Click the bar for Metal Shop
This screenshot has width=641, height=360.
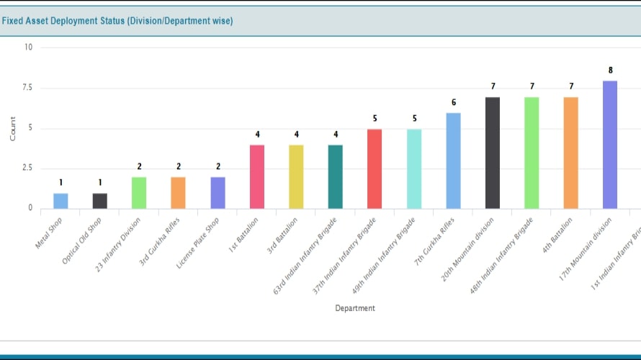60,201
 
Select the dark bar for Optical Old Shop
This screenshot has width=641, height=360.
100,201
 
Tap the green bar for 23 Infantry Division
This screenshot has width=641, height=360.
139,193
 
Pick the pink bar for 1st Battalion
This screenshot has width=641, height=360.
257,177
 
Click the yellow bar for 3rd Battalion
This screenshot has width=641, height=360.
296,177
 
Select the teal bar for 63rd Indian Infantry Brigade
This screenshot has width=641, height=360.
336,177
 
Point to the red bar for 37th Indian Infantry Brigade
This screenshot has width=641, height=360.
375,169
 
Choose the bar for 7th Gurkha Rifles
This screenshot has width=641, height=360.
453,161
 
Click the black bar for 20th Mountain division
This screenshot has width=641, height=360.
493,153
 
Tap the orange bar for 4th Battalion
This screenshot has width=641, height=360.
571,153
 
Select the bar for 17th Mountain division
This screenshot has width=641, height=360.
610,145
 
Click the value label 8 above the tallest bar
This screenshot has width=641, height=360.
611,71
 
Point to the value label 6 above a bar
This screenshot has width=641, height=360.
454,102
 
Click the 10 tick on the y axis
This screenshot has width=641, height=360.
28,48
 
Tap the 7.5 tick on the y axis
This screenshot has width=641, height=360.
26,88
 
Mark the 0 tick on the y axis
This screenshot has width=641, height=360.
30,208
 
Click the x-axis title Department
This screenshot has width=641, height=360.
355,308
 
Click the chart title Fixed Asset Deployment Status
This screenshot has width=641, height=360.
117,21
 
